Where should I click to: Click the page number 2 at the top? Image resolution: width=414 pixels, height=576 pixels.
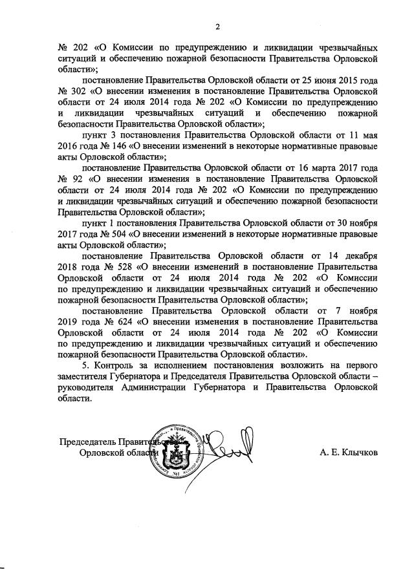point(218,27)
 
